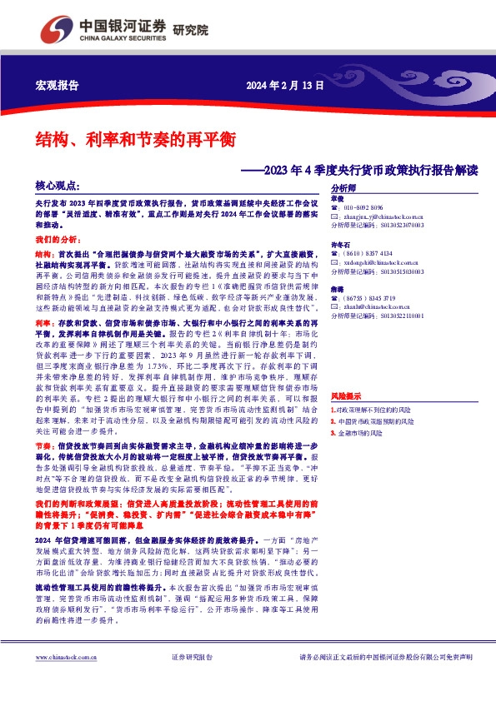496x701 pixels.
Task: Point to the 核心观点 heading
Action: pos(58,186)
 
